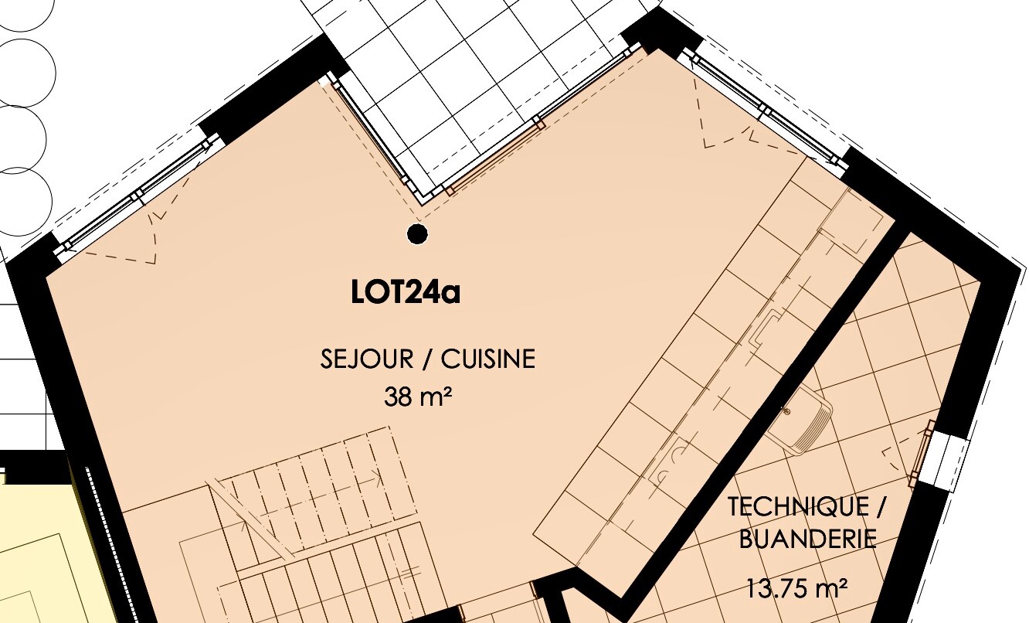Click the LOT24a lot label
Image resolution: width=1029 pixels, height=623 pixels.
click(405, 292)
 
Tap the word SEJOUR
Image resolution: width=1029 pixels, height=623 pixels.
click(367, 359)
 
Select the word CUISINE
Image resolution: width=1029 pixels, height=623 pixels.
click(488, 359)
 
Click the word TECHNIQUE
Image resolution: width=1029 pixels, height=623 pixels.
click(798, 507)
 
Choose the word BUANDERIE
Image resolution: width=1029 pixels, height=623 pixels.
click(807, 540)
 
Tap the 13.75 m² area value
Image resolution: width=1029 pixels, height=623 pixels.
click(796, 589)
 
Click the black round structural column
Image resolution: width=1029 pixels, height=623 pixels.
click(417, 233)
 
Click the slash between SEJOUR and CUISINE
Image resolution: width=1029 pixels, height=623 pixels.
click(427, 359)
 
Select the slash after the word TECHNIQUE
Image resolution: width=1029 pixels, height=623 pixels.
click(880, 507)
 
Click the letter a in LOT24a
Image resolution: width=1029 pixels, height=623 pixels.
click(451, 295)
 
